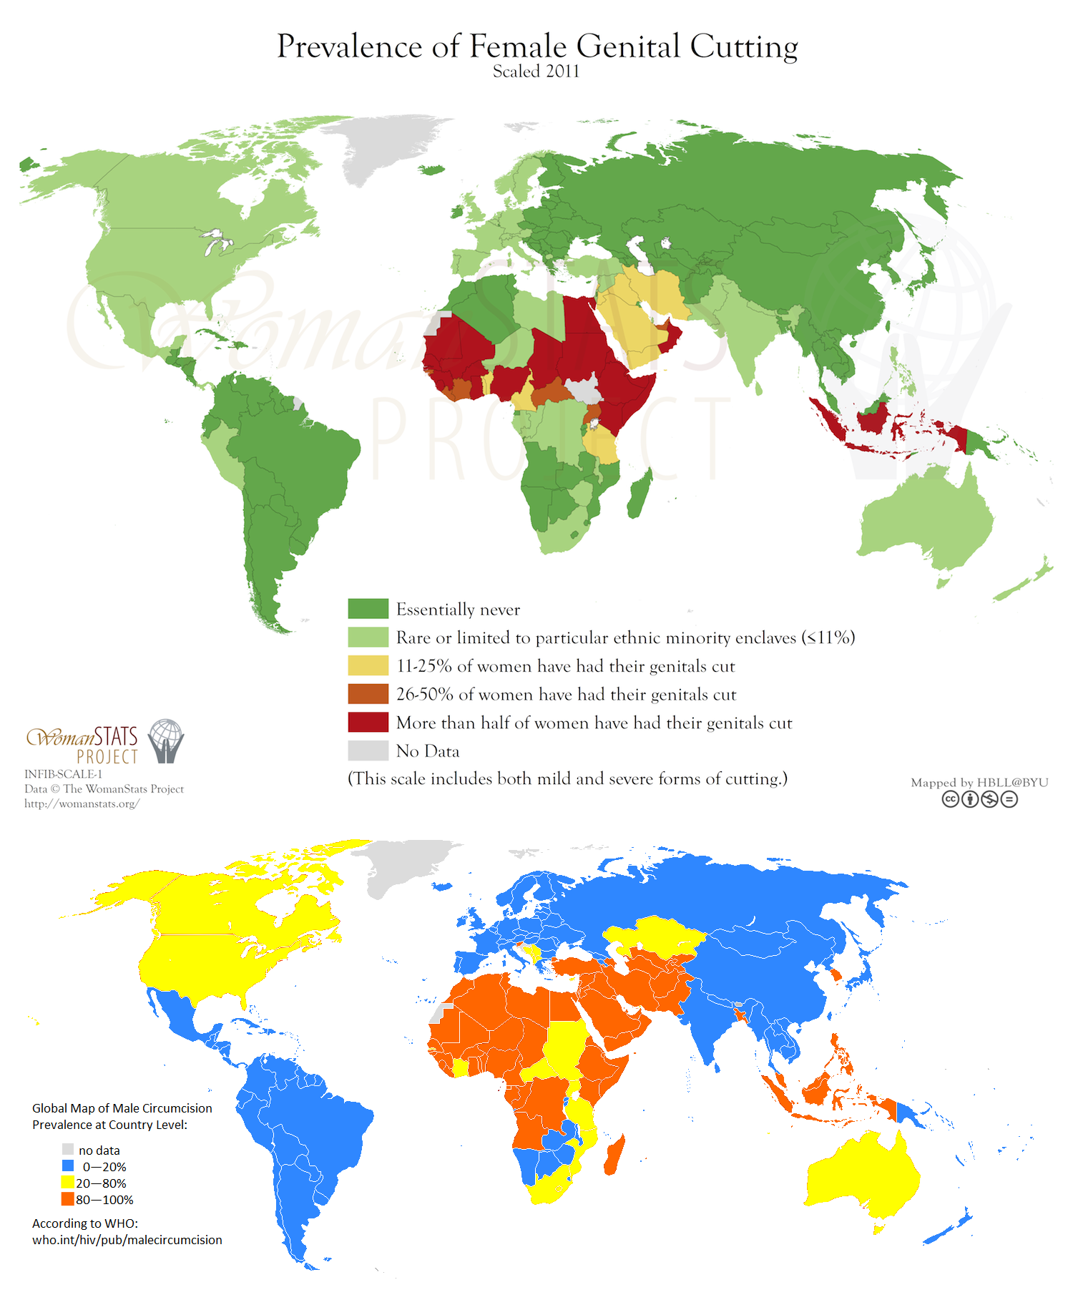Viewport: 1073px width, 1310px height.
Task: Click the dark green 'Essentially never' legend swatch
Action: point(368,609)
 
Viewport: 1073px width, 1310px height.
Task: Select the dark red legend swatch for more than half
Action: point(368,722)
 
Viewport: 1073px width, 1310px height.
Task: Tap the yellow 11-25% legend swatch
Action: point(368,665)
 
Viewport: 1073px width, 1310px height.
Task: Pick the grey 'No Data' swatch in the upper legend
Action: point(368,751)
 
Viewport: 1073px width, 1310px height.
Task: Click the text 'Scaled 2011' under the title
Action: point(536,72)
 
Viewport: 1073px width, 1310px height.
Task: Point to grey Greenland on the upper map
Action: point(379,147)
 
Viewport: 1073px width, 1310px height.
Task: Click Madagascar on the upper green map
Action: point(638,494)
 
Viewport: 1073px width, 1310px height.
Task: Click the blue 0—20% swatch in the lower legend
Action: point(68,1166)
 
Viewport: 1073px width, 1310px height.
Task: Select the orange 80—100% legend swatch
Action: point(68,1199)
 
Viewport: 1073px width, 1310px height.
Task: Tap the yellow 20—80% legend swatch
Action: point(68,1183)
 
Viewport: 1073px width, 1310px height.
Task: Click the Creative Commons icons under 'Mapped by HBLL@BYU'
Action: point(979,799)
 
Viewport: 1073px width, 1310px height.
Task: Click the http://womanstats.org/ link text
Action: point(82,803)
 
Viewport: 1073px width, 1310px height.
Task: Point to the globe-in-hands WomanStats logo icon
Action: point(166,741)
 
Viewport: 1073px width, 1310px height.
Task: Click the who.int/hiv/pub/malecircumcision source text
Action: point(127,1240)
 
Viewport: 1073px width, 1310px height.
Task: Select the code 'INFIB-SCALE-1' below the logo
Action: point(63,774)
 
